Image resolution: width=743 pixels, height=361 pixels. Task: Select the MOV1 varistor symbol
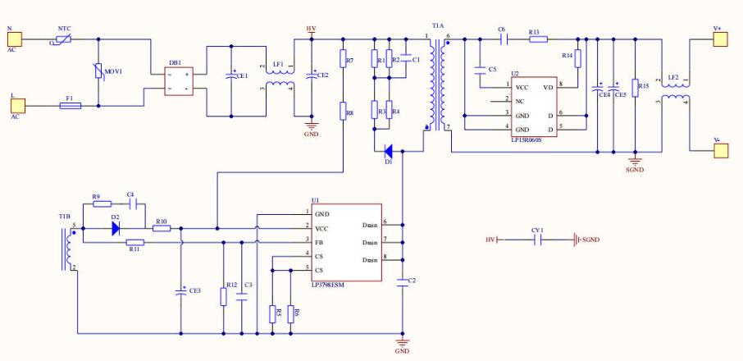98,72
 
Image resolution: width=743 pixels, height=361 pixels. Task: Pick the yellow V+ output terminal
720,39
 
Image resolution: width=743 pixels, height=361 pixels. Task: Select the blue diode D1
388,150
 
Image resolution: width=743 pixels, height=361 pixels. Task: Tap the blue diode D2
116,229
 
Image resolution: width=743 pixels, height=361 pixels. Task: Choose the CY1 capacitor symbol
538,240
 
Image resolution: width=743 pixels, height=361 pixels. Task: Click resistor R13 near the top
537,39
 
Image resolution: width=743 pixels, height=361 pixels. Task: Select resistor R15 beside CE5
634,88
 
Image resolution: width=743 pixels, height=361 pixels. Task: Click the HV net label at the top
311,29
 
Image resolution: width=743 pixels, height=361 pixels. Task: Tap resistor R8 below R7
342,112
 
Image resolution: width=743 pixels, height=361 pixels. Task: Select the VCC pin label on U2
522,85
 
